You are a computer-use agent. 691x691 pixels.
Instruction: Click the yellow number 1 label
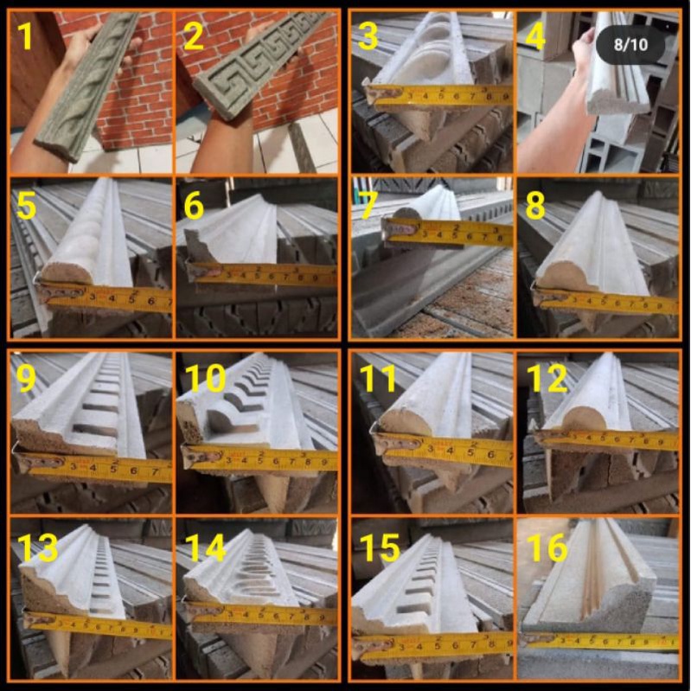(x=27, y=35)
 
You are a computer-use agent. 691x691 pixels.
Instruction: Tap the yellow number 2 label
(x=195, y=35)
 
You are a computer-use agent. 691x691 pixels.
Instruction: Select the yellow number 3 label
(x=368, y=36)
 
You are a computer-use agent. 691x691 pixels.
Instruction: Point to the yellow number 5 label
(x=26, y=206)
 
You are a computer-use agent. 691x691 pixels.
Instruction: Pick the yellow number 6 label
(x=195, y=206)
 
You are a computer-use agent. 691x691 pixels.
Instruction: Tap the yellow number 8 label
(x=536, y=206)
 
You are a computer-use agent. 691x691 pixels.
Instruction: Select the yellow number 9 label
(x=26, y=377)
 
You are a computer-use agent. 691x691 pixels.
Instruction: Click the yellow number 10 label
(x=204, y=377)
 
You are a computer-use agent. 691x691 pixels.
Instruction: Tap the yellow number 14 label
(x=205, y=547)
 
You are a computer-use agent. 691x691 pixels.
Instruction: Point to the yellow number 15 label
(x=378, y=547)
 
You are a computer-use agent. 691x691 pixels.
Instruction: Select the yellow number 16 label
(x=547, y=547)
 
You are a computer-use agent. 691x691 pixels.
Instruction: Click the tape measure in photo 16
(x=605, y=641)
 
